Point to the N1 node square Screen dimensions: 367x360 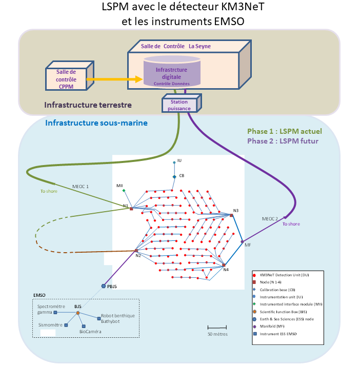pos(131,209)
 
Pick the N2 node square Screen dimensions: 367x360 pos(136,251)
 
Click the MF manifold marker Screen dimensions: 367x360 pos(242,241)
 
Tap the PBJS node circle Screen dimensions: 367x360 pos(104,286)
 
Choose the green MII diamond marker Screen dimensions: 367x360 pos(124,191)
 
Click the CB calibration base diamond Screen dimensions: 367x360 pos(174,177)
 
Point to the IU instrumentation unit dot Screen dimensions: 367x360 pos(174,162)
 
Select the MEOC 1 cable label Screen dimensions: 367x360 pos(80,187)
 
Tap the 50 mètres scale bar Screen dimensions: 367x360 pos(217,327)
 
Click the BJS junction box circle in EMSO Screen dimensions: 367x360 pos(78,313)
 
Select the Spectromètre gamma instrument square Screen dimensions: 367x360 pos(56,312)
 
